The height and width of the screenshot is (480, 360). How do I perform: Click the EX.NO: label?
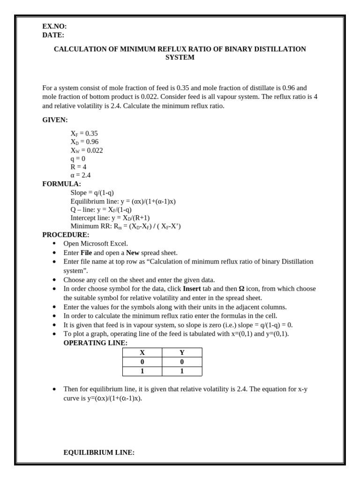pos(54,27)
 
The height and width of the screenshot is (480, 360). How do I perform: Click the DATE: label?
pos(53,35)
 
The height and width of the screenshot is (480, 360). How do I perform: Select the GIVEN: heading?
pos(55,120)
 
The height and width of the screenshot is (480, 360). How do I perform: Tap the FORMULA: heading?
pos(61,184)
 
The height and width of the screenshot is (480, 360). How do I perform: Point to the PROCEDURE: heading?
pos(66,234)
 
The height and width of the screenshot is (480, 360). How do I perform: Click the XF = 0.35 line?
pos(84,134)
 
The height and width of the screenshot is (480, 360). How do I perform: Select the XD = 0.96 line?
pos(84,142)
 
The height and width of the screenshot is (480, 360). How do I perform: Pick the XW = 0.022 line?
pos(87,150)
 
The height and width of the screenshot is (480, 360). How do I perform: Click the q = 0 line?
pos(78,159)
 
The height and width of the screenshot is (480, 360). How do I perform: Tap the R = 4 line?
pos(78,167)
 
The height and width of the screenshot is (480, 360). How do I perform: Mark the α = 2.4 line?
pos(81,175)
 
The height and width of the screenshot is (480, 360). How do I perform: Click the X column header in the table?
pos(142,352)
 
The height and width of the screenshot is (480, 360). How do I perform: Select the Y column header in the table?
pos(182,352)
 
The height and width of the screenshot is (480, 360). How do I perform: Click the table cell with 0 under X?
pos(142,362)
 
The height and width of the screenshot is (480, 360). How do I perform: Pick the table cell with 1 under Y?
pos(182,371)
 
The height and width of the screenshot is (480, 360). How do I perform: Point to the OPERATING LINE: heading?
pos(95,343)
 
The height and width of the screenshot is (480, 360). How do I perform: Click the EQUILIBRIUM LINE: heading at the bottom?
pos(99,452)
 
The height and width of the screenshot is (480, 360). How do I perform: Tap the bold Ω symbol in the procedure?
pos(241,289)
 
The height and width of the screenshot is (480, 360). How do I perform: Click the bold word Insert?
pos(192,289)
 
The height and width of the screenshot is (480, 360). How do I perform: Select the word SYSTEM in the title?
pos(180,58)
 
